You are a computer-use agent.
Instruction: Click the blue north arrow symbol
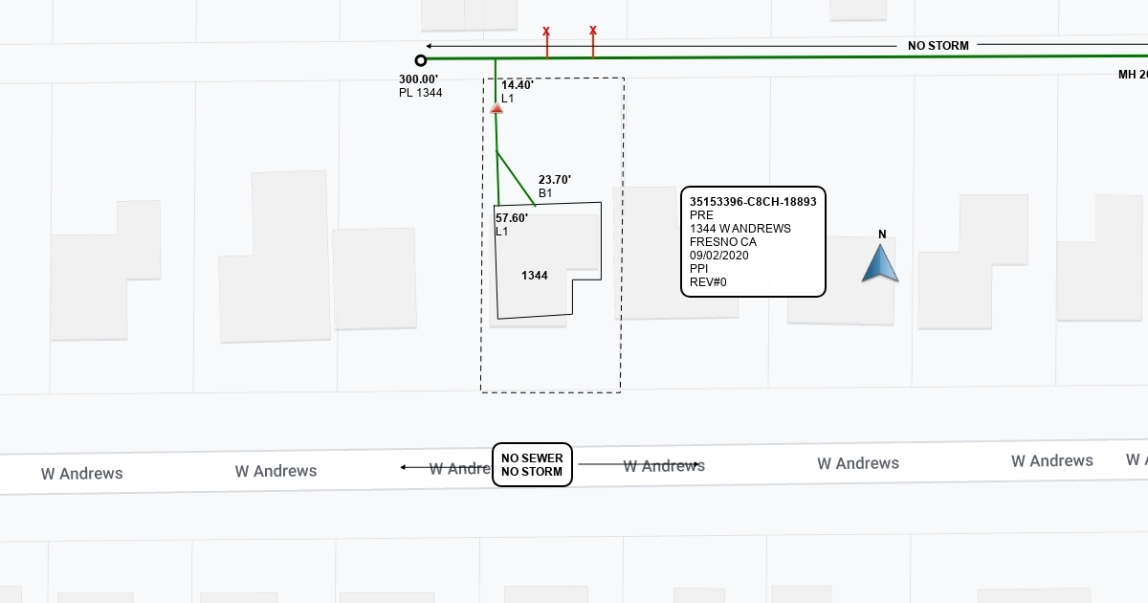coord(880,264)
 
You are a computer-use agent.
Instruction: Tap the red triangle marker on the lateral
coord(497,109)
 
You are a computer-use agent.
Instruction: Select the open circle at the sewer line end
coord(421,60)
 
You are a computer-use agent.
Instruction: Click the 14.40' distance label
coord(518,85)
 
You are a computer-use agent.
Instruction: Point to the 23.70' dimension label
coord(555,179)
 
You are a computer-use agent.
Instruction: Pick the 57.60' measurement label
coord(512,218)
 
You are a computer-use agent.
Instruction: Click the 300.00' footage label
coord(418,79)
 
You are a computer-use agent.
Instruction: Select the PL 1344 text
coord(420,93)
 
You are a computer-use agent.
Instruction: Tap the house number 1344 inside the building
coord(535,276)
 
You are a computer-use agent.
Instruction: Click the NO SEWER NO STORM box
coord(532,465)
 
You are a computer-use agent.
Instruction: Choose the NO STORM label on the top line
coord(938,46)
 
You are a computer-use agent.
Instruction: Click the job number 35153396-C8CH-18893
coord(753,202)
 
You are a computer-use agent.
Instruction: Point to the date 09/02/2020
coord(718,256)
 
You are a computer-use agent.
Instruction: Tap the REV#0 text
coord(709,282)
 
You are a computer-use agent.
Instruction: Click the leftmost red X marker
coord(546,32)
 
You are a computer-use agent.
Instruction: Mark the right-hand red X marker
coord(593,31)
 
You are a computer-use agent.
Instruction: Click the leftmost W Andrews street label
coord(82,473)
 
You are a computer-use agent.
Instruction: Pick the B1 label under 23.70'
coord(545,193)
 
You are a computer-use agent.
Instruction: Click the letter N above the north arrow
coord(882,234)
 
